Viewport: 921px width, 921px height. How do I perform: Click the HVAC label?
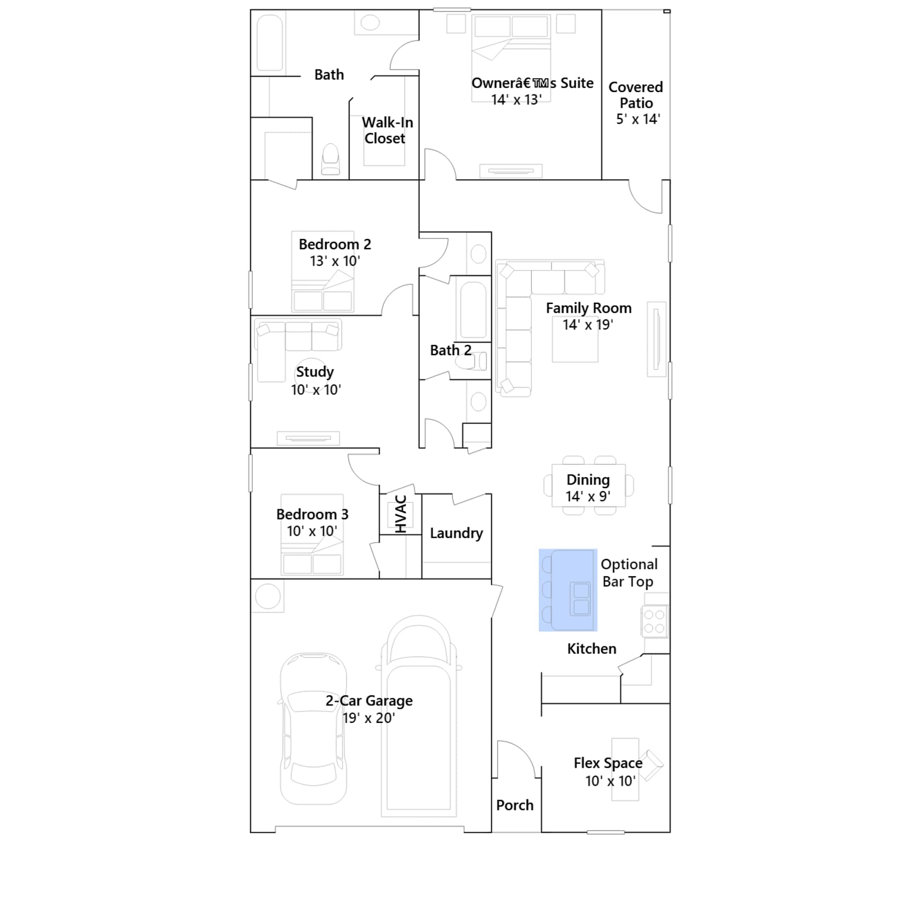[401, 513]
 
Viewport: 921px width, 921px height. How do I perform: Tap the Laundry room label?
[456, 534]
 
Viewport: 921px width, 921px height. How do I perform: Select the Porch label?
[515, 805]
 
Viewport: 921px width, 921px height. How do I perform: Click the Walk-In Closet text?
[387, 131]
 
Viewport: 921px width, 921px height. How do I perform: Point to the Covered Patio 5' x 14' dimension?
[638, 119]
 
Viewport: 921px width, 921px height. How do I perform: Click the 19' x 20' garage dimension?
[368, 718]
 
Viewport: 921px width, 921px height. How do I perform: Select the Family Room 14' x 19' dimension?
[588, 325]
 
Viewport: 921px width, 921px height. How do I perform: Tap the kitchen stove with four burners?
[654, 622]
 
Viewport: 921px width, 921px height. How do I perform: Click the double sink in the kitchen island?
[581, 599]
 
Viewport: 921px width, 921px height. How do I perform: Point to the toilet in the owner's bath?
[330, 159]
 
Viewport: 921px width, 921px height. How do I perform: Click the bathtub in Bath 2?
[473, 310]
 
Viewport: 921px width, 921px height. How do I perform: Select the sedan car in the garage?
[313, 728]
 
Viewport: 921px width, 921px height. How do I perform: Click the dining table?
[588, 485]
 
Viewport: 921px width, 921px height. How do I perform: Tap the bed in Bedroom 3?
[312, 535]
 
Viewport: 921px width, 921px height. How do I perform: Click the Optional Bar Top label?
[629, 573]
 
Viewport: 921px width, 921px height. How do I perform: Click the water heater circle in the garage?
[268, 596]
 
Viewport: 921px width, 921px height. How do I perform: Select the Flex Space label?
[608, 763]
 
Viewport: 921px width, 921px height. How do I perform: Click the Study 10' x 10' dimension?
[315, 390]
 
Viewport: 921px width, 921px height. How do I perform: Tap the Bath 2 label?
[451, 350]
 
